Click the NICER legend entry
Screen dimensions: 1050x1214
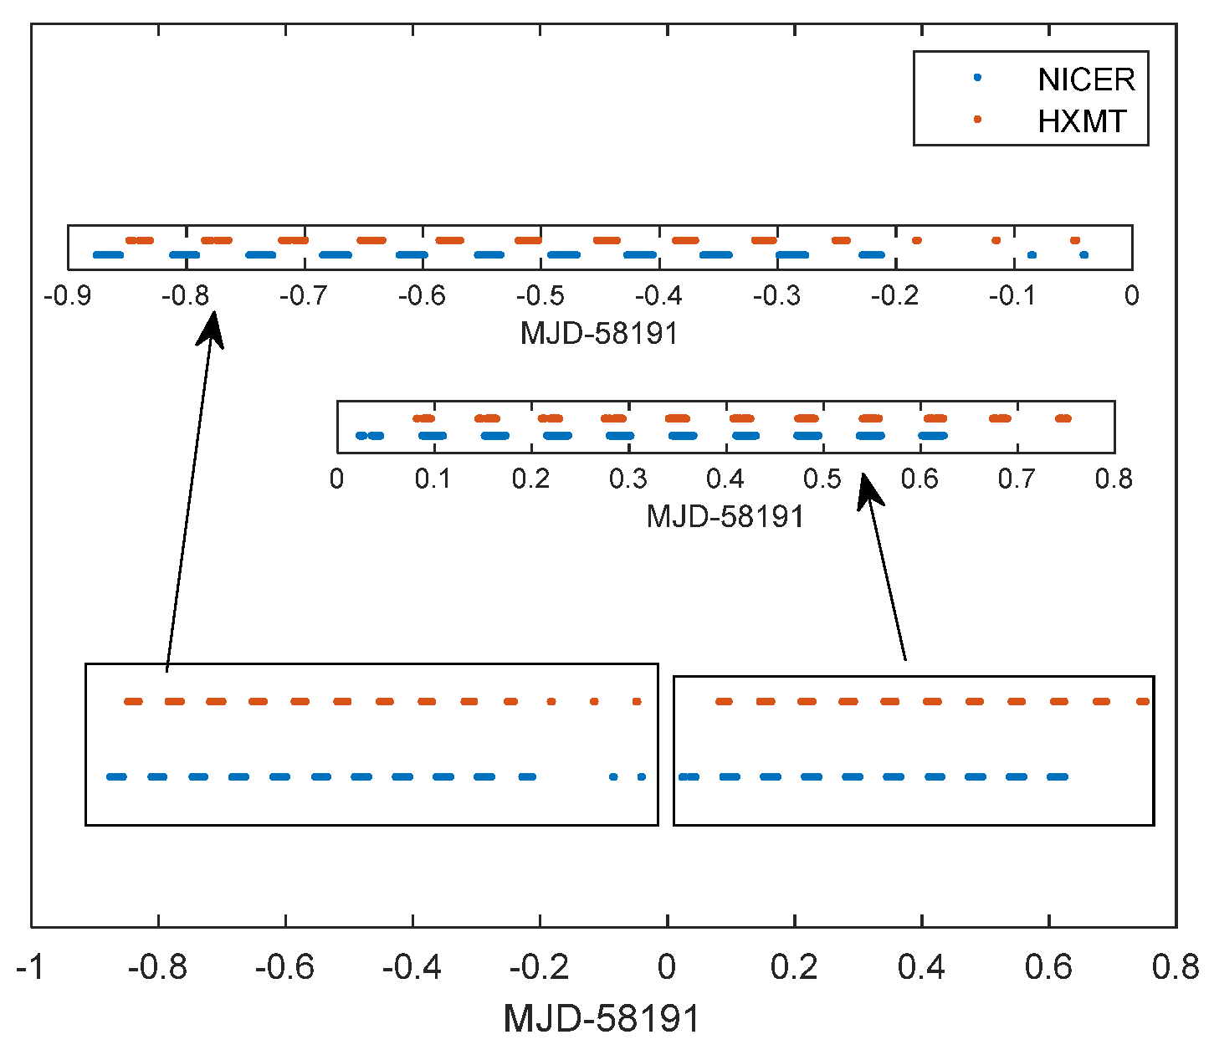[1085, 79]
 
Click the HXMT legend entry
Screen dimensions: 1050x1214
[1082, 122]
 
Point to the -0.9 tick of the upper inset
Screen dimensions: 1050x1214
[67, 295]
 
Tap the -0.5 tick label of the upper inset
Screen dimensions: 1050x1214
[540, 295]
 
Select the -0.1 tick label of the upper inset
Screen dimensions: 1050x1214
[1013, 295]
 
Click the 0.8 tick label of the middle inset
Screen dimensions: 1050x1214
[1114, 479]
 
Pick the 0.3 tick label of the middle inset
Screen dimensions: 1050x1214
[627, 479]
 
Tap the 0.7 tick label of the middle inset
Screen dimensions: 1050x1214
[1017, 479]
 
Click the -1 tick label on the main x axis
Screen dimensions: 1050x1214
[30, 968]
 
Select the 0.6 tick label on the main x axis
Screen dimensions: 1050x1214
[1048, 968]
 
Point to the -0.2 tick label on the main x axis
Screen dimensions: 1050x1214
[540, 968]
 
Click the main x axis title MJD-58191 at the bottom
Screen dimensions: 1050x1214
[601, 1019]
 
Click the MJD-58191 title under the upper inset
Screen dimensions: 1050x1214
[599, 333]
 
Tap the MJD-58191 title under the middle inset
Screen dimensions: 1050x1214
[725, 516]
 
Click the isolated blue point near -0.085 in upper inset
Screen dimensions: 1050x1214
[1032, 255]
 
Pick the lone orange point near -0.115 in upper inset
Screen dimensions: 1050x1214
[996, 240]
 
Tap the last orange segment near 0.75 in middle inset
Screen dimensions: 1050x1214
[1063, 418]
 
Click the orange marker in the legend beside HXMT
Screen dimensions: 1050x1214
[976, 120]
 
